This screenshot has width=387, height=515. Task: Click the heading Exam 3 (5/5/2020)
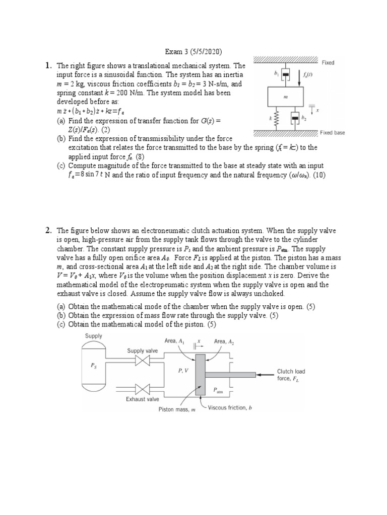coord(193,52)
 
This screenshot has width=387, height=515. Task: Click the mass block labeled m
coord(286,98)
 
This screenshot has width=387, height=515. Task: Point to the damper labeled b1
coord(286,75)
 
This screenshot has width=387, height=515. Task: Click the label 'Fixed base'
coord(333,133)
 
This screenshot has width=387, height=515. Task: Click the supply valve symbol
coord(145,361)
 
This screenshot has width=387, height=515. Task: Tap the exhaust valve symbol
coord(145,389)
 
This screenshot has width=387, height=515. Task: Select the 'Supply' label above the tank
coord(94,336)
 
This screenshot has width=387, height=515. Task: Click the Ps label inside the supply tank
coord(94,366)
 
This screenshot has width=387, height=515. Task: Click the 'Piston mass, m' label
coord(176,409)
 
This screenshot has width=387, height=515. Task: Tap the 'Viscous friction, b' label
coord(230,408)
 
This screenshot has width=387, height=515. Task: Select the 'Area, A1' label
coord(174,341)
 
